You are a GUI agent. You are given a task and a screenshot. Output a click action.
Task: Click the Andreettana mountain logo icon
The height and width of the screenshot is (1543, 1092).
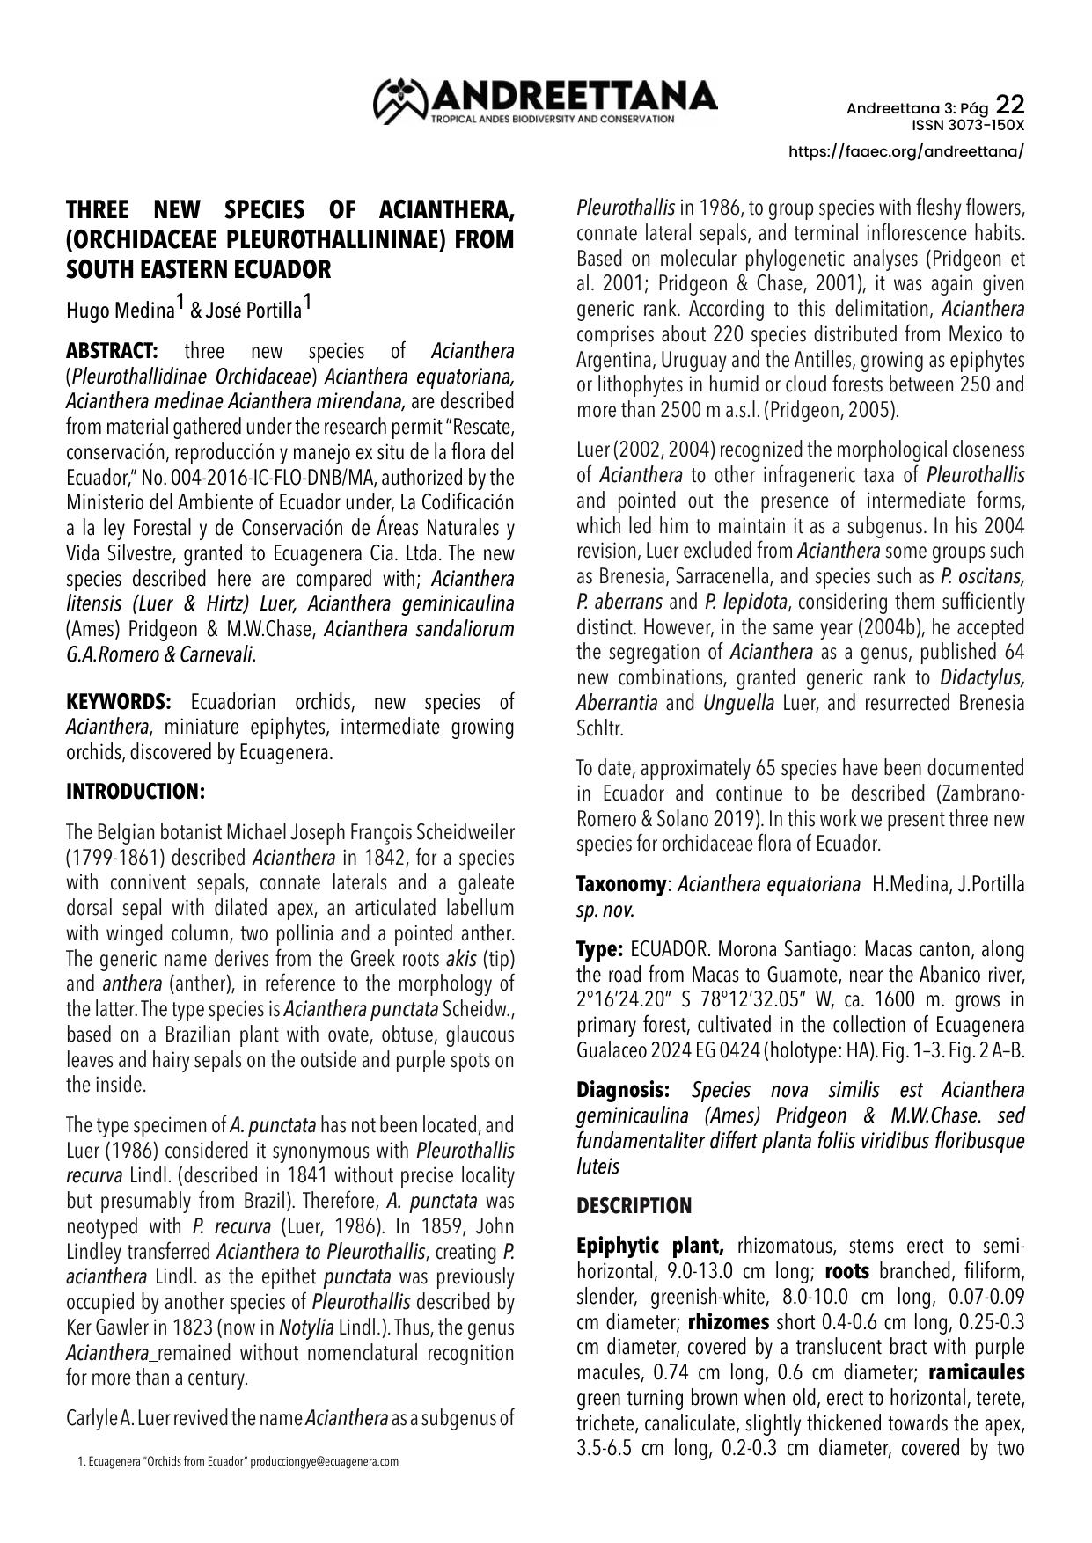[x=400, y=100]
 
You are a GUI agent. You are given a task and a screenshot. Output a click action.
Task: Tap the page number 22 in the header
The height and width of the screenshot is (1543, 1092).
[x=1010, y=106]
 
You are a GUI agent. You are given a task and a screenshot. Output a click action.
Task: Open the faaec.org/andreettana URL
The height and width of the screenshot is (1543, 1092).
[x=906, y=151]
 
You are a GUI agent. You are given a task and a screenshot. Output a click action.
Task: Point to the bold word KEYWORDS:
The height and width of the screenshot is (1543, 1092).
[x=119, y=702]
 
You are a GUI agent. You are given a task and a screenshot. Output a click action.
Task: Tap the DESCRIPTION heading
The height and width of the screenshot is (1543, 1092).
[x=634, y=1206]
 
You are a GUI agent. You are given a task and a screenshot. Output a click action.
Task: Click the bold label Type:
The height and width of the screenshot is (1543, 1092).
[x=599, y=950]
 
